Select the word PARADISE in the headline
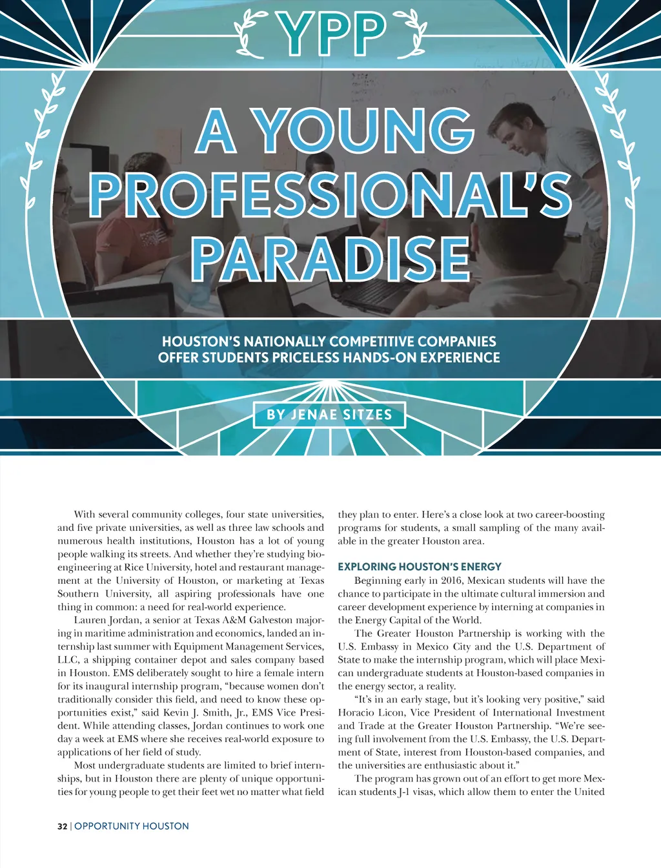click(330, 260)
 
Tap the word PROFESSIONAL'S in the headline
click(330, 195)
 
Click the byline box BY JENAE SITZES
click(330, 415)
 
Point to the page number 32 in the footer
click(62, 826)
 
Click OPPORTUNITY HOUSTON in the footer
click(132, 826)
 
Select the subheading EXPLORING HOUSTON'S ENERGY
click(420, 566)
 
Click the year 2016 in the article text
click(452, 581)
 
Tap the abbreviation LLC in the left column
click(67, 660)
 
